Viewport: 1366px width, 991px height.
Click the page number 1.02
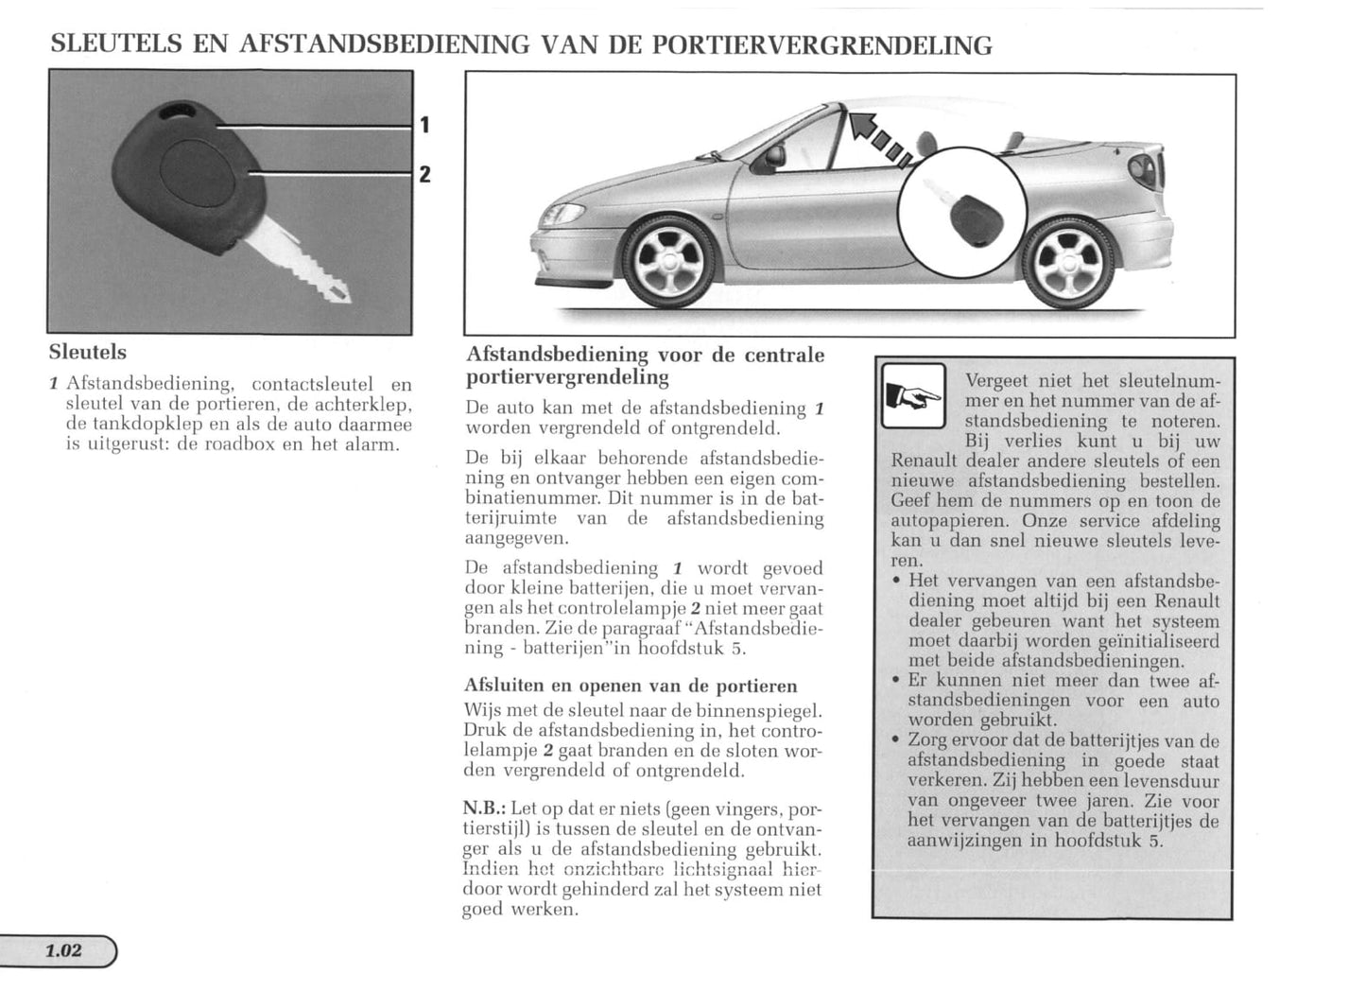(64, 950)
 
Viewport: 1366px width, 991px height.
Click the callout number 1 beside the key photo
(425, 124)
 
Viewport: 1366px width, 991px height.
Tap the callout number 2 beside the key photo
(425, 173)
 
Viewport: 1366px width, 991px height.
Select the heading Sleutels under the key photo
(87, 352)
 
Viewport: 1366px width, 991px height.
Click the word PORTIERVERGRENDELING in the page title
(822, 44)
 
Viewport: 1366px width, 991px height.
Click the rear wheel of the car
(1069, 257)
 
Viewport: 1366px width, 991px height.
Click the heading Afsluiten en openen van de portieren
(631, 686)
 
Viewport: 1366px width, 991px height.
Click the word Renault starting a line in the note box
(923, 461)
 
